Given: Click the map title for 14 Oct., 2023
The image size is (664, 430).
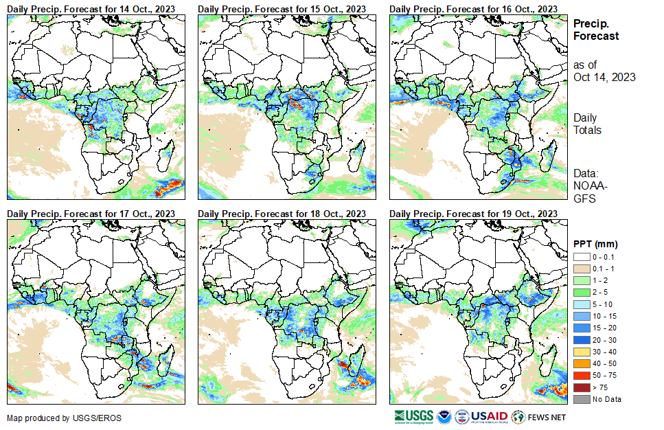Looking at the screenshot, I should [x=91, y=8].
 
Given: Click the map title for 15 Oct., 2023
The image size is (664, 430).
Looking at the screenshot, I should [x=282, y=8].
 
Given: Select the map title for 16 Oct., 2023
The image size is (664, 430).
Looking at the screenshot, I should [x=473, y=8].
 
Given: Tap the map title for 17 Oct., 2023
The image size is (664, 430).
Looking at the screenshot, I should [x=91, y=214].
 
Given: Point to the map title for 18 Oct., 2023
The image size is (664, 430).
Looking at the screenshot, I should [x=282, y=214].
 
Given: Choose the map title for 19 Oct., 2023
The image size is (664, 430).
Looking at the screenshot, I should [x=473, y=214].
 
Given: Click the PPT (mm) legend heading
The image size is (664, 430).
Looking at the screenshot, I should [x=595, y=244].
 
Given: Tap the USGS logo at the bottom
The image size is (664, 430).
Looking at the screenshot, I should [x=414, y=416].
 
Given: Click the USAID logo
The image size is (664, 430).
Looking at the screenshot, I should [x=488, y=416].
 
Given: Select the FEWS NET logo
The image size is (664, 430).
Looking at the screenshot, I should [x=540, y=416].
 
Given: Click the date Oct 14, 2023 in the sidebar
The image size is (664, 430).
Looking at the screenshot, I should [x=604, y=77].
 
